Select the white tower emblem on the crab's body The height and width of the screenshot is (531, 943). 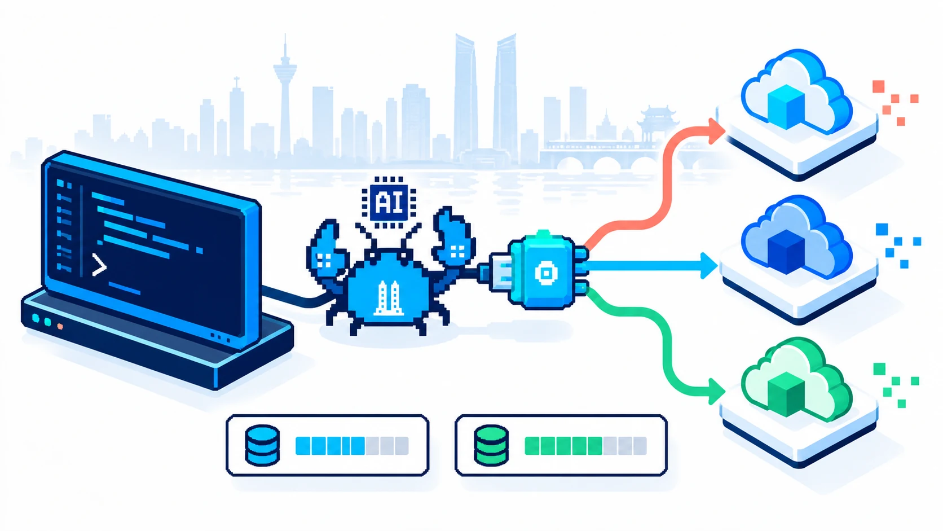(389, 299)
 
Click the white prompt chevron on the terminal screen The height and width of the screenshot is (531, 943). (99, 265)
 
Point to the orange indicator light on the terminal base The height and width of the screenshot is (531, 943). (60, 326)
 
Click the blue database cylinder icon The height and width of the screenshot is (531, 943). (262, 445)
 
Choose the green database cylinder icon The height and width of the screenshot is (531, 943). (491, 445)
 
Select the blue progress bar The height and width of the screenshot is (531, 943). (352, 446)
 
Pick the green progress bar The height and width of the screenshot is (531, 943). (585, 446)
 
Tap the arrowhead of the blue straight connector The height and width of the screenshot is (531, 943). (709, 266)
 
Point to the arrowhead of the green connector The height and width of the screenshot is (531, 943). (716, 391)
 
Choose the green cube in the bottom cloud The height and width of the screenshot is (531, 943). (786, 394)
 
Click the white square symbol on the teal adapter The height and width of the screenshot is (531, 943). (545, 273)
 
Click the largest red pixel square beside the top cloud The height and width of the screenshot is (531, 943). (878, 86)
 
